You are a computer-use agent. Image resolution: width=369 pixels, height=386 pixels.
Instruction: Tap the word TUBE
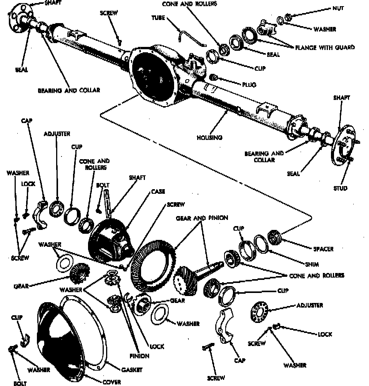pyautogui.click(x=158, y=18)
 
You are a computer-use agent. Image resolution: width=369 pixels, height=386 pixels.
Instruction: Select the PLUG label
pyautogui.click(x=249, y=85)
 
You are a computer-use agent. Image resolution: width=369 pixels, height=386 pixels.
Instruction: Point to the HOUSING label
pyautogui.click(x=209, y=137)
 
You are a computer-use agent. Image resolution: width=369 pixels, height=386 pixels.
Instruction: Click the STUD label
pyautogui.click(x=340, y=188)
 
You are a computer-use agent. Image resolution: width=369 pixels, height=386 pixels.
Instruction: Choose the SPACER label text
pyautogui.click(x=323, y=249)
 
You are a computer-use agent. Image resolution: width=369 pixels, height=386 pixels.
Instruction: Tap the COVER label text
pyautogui.click(x=111, y=382)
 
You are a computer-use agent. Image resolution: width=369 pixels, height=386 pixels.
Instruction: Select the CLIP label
pyautogui.click(x=17, y=318)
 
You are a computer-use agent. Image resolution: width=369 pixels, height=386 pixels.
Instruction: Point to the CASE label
pyautogui.click(x=158, y=191)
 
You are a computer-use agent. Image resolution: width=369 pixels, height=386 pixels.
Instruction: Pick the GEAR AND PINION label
pyautogui.click(x=202, y=218)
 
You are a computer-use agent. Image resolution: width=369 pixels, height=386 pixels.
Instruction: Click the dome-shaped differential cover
pyautogui.click(x=61, y=334)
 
